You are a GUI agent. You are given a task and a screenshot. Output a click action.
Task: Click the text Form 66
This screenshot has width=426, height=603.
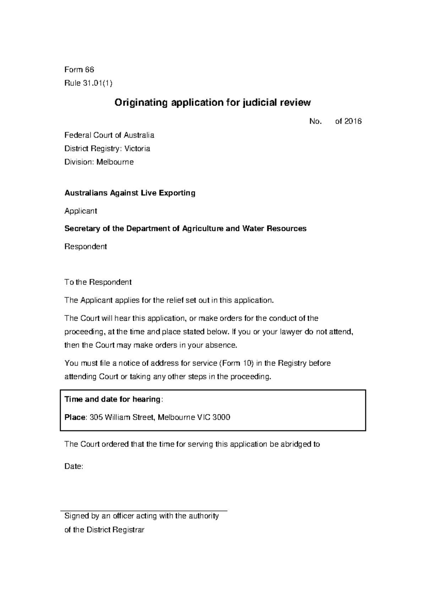[x=79, y=69]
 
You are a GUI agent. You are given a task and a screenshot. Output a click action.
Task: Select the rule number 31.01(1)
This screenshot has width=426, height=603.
[x=97, y=83]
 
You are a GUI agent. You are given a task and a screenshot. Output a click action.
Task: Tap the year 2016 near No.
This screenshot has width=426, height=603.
[x=353, y=121]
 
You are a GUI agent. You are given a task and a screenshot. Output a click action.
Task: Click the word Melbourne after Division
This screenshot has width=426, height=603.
[x=115, y=162]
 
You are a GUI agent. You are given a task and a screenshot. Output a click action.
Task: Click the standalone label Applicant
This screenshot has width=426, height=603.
[x=80, y=211]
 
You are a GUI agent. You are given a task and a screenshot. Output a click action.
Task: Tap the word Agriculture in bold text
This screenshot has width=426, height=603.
[x=202, y=229]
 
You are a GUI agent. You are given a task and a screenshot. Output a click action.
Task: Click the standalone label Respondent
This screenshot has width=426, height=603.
[x=85, y=246]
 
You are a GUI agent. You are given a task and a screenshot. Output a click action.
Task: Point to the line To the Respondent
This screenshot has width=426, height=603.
[x=98, y=282]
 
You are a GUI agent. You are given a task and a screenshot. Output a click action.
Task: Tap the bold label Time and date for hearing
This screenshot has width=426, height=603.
[x=112, y=399]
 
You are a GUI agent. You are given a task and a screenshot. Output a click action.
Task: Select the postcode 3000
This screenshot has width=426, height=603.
[x=221, y=417]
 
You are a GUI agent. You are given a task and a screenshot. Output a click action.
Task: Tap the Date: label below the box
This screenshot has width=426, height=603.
[x=73, y=467]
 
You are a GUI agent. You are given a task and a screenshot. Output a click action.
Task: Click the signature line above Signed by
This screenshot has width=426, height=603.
[x=144, y=510]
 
